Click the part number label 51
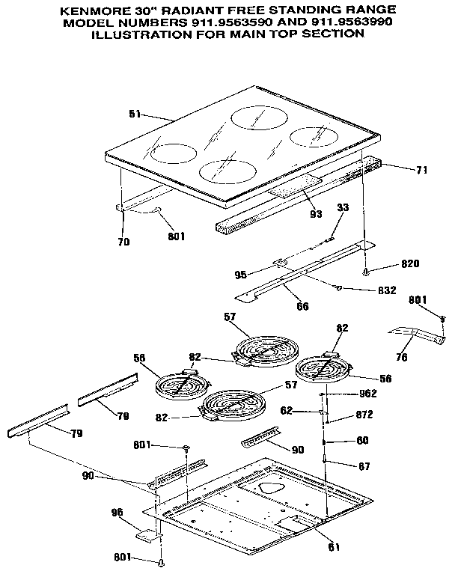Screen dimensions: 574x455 (x=135, y=115)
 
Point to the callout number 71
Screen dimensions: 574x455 (x=421, y=170)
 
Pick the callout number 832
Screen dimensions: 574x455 (x=385, y=290)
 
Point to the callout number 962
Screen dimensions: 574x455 (x=368, y=394)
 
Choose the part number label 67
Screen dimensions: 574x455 (x=364, y=466)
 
